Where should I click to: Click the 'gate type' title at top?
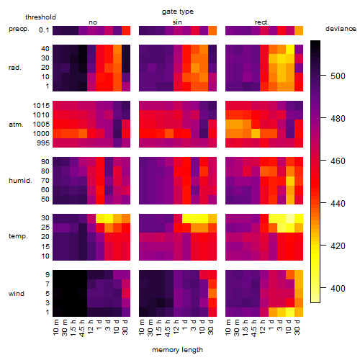pos(178,12)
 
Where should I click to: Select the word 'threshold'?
pos(40,17)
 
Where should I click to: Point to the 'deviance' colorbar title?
pos(341,29)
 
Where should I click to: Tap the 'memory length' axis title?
pos(178,350)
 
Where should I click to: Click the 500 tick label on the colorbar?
pos(338,76)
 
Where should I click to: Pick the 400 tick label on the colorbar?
pos(338,288)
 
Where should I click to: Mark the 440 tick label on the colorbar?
pos(338,204)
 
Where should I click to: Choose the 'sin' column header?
pos(177,22)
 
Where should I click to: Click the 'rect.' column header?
pos(262,22)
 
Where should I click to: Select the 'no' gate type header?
pos(93,22)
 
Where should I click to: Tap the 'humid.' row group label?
pos(20,181)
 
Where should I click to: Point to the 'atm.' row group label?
pos(16,125)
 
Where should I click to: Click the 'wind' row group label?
pos(17,294)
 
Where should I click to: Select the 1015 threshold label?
pos(41,106)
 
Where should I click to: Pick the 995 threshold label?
pos(43,143)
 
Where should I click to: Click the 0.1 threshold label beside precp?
pos(44,30)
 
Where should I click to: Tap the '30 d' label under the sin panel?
pos(211,327)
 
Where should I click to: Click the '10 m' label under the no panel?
pos(55,328)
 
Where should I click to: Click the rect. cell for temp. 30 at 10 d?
pos(290,218)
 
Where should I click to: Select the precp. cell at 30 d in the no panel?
pos(126,30)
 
